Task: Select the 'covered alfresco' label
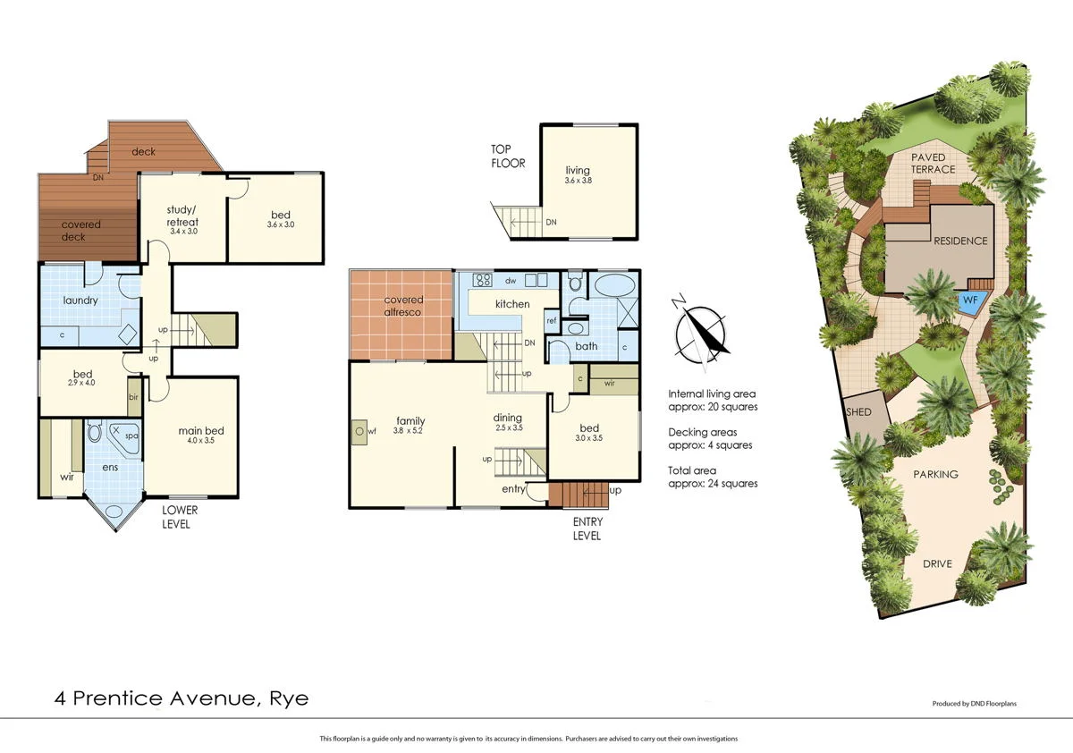[402, 306]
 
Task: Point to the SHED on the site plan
[860, 412]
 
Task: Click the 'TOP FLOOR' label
[507, 157]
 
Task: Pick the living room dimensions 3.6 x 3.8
[578, 181]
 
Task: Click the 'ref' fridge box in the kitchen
[552, 320]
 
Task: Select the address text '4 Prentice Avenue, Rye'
[181, 698]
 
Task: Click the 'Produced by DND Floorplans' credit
[974, 704]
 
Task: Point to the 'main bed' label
[200, 431]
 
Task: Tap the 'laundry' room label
[80, 300]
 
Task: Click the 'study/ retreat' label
[182, 216]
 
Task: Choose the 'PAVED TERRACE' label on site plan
[934, 164]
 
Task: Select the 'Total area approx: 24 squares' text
[713, 477]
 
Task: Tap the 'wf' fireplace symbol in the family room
[360, 431]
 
